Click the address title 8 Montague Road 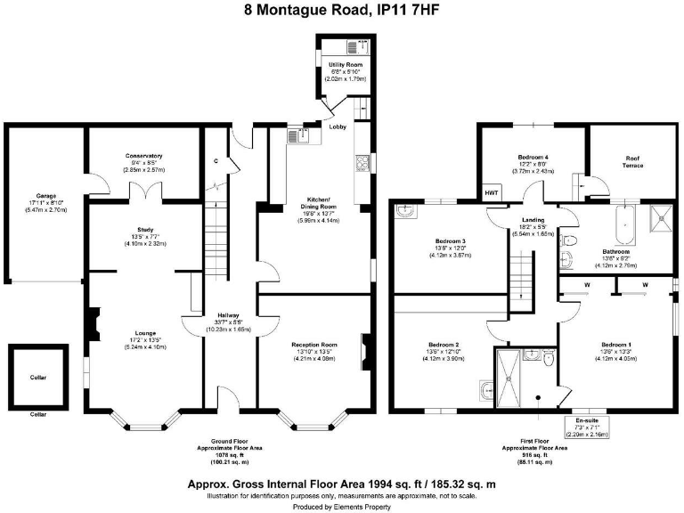(x=341, y=12)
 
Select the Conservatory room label (x=142, y=156)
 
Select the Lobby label (x=338, y=127)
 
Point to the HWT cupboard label (x=492, y=192)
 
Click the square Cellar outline (x=38, y=374)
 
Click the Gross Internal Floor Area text (x=342, y=484)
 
